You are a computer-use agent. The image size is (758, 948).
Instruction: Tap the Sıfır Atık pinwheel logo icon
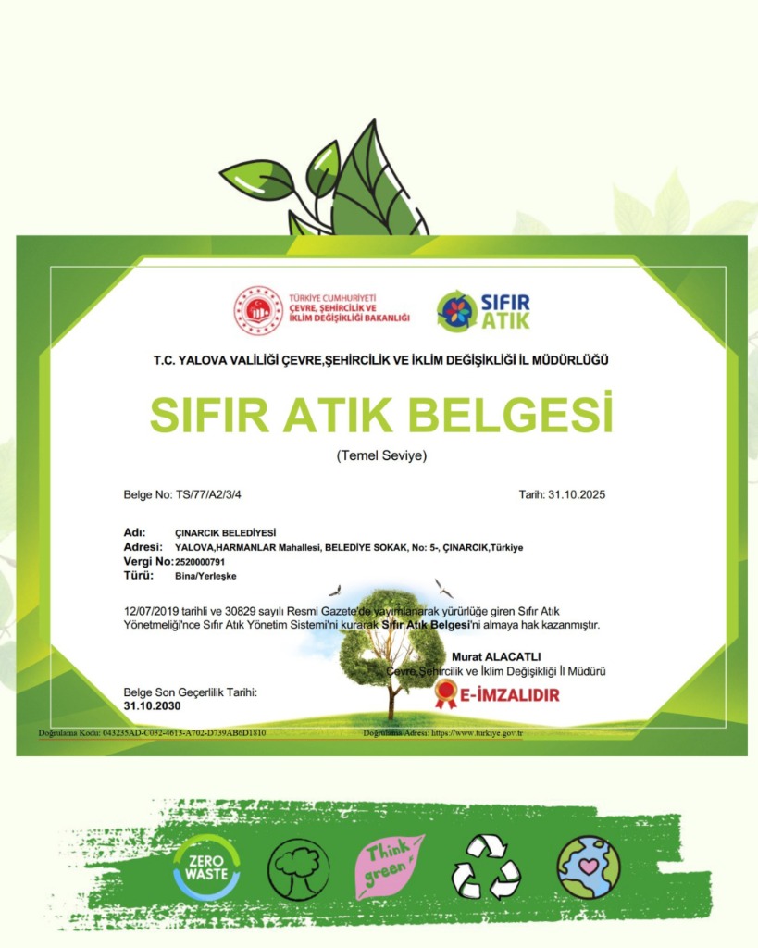[455, 311]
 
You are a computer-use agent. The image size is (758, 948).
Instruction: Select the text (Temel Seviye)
[381, 455]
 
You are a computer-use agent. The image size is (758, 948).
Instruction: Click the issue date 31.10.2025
[576, 494]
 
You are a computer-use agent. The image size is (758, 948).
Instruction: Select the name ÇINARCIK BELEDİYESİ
[219, 532]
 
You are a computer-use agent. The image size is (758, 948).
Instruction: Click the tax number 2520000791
[200, 561]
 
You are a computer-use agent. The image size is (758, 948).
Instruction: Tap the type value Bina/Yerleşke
[205, 576]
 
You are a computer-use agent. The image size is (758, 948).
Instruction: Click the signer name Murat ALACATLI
[496, 656]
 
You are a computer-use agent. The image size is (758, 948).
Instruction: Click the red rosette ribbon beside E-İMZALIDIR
[446, 693]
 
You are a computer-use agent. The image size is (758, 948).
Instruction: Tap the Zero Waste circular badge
[206, 867]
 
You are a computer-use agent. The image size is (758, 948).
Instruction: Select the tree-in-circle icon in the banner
[298, 868]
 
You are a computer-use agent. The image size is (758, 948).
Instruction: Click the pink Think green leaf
[390, 867]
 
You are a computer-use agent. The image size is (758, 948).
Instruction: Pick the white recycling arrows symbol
[486, 867]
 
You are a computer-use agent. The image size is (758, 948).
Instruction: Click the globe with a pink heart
[588, 867]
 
